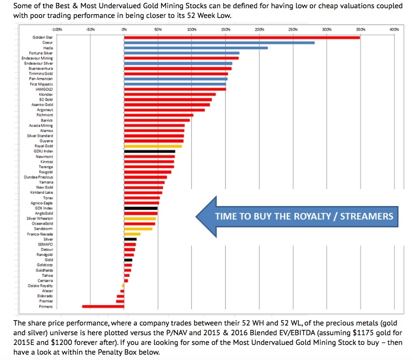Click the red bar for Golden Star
coord(241,37)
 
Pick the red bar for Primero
coord(103,306)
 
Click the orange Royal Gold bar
coord(153,146)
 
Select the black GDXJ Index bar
coord(149,151)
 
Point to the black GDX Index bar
coord(140,208)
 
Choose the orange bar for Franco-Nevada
coord(132,234)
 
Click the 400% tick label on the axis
coord(394,30)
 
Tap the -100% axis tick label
coord(56,30)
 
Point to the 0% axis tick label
coord(124,30)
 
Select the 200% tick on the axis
coord(259,30)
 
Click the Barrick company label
coord(47,120)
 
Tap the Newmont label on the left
coord(44,156)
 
